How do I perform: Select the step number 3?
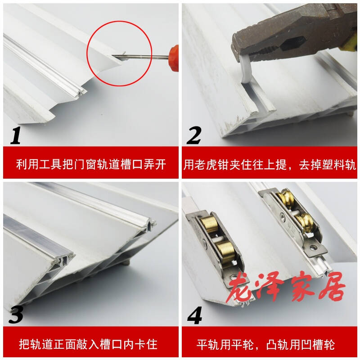tap(16, 315)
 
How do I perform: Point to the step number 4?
tap(194, 315)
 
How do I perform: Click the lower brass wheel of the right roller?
tap(306, 223)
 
